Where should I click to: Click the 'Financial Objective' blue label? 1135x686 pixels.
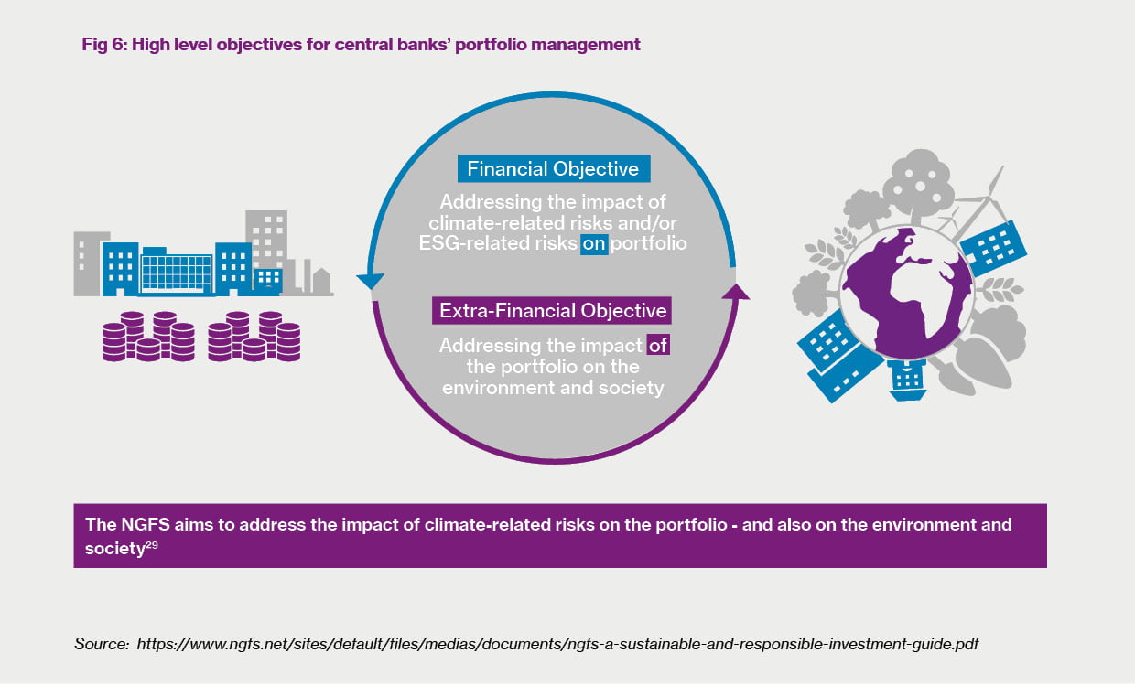[x=554, y=169]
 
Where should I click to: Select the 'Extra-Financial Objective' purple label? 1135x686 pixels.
[x=553, y=310]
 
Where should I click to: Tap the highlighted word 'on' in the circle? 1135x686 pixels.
[x=593, y=244]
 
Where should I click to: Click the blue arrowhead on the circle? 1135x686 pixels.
[x=369, y=281]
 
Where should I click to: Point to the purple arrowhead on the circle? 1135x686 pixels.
[x=734, y=292]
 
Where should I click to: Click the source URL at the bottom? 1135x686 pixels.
[x=557, y=644]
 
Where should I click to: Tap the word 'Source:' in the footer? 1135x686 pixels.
[x=102, y=644]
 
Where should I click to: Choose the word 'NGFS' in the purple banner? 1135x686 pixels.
[x=138, y=525]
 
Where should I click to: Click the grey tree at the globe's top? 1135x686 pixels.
[x=917, y=183]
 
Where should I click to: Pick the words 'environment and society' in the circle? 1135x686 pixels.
[x=552, y=388]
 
